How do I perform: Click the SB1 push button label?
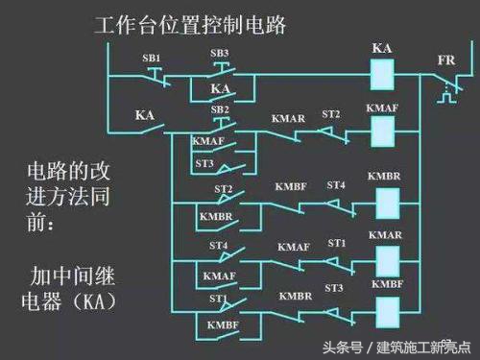pyautogui.click(x=152, y=59)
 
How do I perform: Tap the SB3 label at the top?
pyautogui.click(x=220, y=53)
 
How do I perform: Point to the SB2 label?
pyautogui.click(x=219, y=109)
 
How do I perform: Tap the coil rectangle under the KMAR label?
pyautogui.click(x=385, y=260)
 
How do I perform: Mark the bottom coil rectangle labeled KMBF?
pyautogui.click(x=385, y=309)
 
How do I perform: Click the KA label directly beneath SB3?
pyautogui.click(x=220, y=88)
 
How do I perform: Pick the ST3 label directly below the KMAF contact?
pyautogui.click(x=204, y=164)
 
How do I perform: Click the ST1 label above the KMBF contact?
pyautogui.click(x=219, y=300)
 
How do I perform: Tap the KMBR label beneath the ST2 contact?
pyautogui.click(x=216, y=217)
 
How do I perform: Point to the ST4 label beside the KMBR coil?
pyautogui.click(x=336, y=184)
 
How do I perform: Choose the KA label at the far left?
pyautogui.click(x=145, y=115)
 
